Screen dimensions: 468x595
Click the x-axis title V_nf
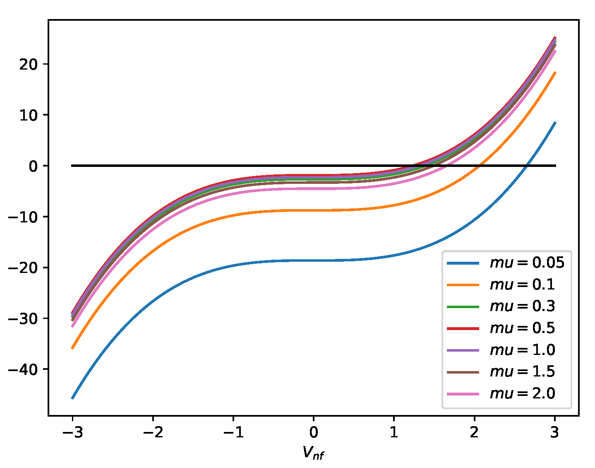tap(313, 453)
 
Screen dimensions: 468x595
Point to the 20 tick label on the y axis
tap(29, 64)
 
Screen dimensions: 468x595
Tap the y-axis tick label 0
tap(34, 166)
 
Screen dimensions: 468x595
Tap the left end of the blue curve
tap(72, 398)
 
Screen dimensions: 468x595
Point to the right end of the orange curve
tap(555, 73)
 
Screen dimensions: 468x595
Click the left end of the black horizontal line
tap(72, 166)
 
